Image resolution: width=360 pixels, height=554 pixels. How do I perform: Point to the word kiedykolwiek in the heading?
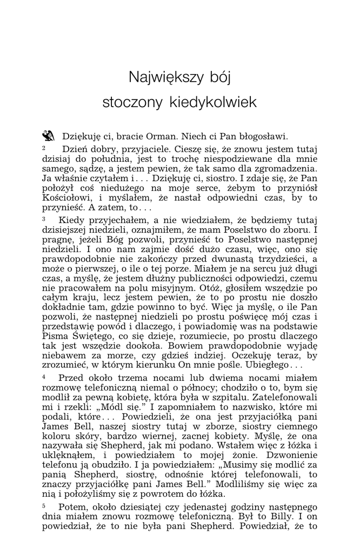pos(211,102)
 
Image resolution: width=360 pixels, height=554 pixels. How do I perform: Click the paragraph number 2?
pos(44,147)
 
